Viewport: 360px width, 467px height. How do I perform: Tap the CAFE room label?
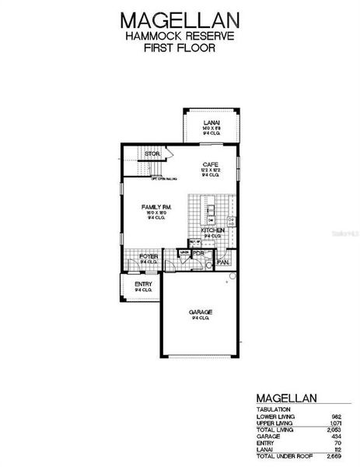tap(210, 164)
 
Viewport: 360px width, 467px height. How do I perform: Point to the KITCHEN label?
tap(213, 231)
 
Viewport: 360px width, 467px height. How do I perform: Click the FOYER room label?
tap(148, 255)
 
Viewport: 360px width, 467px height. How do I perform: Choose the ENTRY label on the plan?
tap(144, 284)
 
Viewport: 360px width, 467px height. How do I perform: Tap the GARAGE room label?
tap(201, 312)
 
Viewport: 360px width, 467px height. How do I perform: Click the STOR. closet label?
tap(152, 155)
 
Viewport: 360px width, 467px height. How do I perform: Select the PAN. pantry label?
tap(223, 262)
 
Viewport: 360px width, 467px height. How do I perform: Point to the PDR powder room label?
tap(198, 254)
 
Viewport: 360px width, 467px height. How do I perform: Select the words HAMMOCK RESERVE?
tap(180, 36)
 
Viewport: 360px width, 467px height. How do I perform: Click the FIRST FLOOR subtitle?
tap(180, 47)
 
